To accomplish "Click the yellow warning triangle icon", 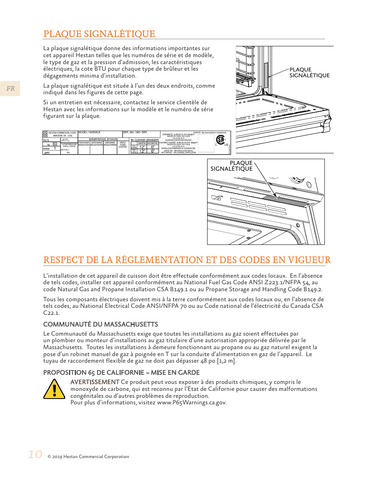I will point(54,389).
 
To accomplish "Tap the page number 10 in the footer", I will point(35,454).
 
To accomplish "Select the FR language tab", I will point(10,89).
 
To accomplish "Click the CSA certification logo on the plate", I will point(221,140).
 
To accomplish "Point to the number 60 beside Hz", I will point(55,144).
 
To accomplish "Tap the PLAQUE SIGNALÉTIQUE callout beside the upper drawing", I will point(309,73).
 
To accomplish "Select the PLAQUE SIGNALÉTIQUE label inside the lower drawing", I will point(231,166).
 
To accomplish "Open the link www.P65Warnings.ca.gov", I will point(192,402).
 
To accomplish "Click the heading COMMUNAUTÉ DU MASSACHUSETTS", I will point(101,324).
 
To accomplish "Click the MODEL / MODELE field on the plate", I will point(89,132).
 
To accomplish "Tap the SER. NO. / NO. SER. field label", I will point(135,132).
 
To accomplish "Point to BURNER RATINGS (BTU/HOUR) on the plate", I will point(103,139).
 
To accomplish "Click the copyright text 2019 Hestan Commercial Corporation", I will point(88,457).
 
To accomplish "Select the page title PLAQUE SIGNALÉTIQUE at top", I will point(99,34).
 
